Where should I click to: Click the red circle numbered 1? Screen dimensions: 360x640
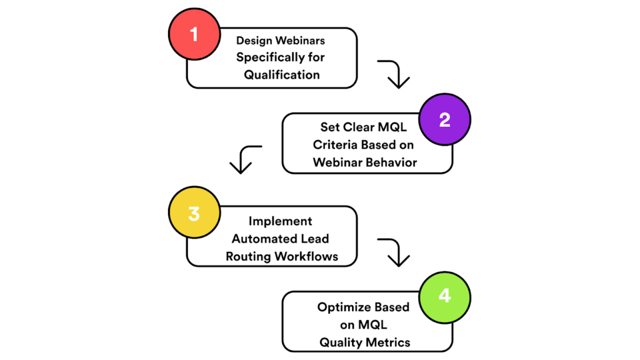tap(194, 33)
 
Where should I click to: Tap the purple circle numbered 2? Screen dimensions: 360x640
tap(444, 119)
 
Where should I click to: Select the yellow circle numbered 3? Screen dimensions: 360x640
tap(194, 213)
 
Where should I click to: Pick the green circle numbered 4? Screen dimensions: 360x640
tap(444, 295)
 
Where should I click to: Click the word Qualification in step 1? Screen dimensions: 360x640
tap(282, 75)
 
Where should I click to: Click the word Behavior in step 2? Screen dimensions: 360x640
tap(393, 162)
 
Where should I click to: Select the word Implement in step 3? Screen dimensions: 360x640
tap(280, 221)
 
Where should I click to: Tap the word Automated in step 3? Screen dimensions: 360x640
tap(262, 239)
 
